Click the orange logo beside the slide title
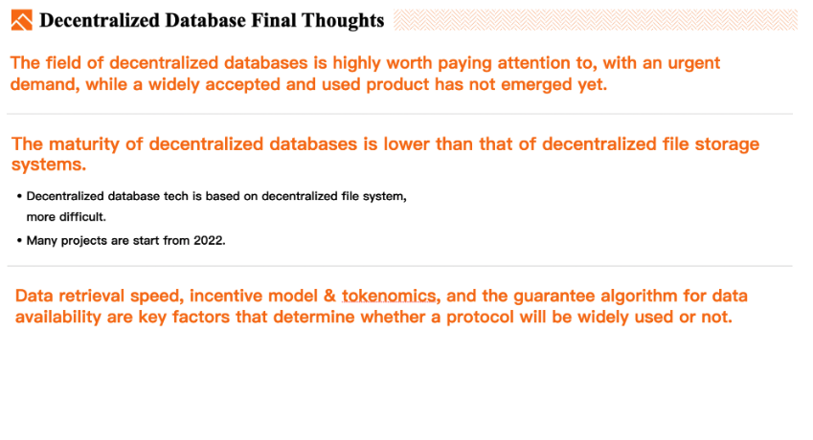click(x=22, y=20)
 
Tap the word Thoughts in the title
click(x=343, y=21)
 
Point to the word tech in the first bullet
click(x=176, y=196)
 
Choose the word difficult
click(x=82, y=217)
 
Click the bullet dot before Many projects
click(x=19, y=241)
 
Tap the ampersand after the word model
click(x=329, y=297)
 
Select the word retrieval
click(x=91, y=297)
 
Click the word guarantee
click(x=552, y=297)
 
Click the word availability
click(x=58, y=318)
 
